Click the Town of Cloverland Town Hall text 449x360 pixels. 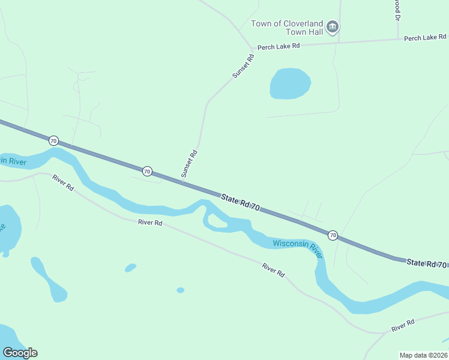(x=287, y=28)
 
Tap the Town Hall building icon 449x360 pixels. (x=333, y=27)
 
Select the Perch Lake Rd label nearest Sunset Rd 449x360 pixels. (x=278, y=47)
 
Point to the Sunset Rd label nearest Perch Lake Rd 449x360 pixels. (x=243, y=67)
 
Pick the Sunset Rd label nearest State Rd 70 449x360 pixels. (x=190, y=163)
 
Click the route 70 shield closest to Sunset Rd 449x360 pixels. (x=147, y=171)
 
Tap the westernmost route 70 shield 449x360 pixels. (x=53, y=141)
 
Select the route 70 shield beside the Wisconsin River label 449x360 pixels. (x=333, y=235)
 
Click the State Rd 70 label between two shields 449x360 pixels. (x=240, y=202)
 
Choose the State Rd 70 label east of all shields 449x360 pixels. (x=426, y=263)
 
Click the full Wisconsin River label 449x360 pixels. (x=297, y=247)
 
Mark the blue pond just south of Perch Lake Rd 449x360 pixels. (x=290, y=83)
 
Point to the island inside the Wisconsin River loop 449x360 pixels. (x=218, y=223)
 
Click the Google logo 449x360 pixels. (x=20, y=353)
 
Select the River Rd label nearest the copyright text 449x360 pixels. (x=403, y=326)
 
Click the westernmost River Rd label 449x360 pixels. (x=62, y=182)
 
